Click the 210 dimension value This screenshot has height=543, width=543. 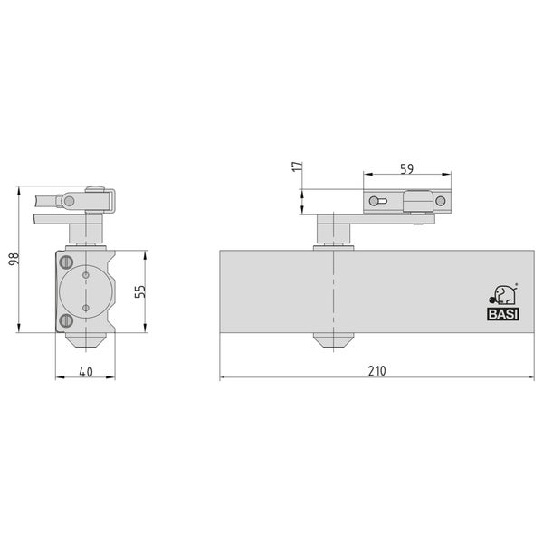coord(376,371)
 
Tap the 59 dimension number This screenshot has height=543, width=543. coord(407,169)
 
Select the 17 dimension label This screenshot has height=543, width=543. coord(298,167)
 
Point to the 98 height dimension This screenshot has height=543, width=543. coord(14,260)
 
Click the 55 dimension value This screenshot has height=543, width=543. coord(140,291)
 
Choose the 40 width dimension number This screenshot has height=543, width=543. coord(86,372)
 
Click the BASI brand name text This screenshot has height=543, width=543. coord(503,314)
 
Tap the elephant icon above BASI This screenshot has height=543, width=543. coord(504,295)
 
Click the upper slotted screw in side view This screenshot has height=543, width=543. coord(65,262)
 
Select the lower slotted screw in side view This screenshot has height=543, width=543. coord(65,320)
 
